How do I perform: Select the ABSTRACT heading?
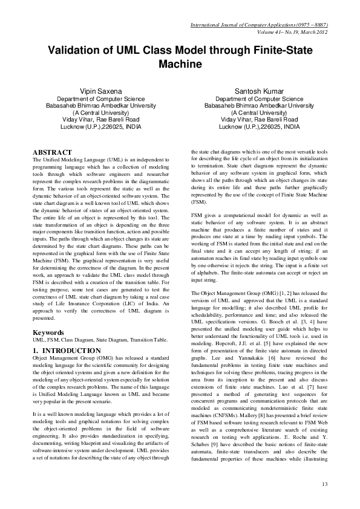click(x=53, y=152)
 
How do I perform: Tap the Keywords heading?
click(x=49, y=332)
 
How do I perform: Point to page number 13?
click(x=324, y=483)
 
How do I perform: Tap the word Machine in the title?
click(x=179, y=64)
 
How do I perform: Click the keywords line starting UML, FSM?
click(x=100, y=340)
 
